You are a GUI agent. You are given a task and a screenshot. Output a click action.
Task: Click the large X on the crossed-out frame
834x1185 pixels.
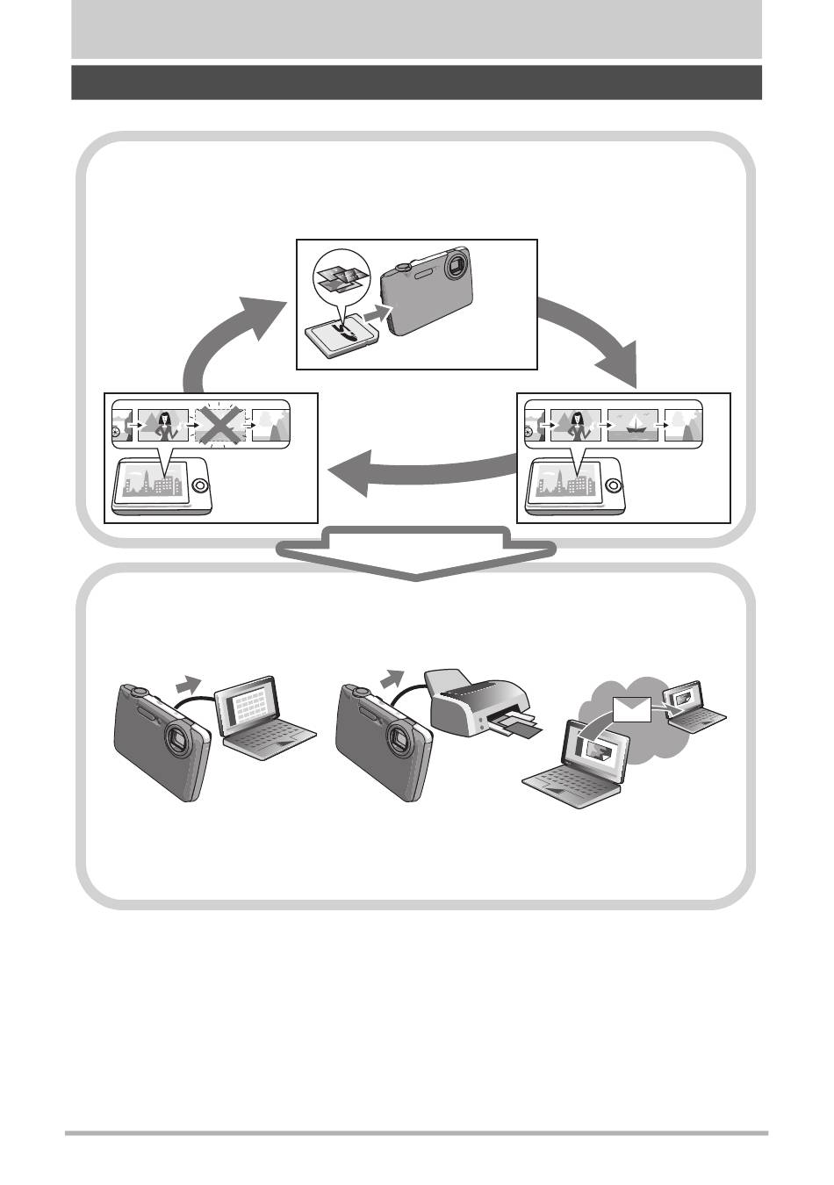point(220,425)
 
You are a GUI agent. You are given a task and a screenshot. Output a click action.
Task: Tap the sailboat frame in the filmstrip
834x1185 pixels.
point(632,426)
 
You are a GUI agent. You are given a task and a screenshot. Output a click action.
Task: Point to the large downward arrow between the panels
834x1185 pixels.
point(417,553)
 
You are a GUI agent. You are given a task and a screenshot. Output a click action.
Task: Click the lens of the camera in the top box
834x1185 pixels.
point(457,265)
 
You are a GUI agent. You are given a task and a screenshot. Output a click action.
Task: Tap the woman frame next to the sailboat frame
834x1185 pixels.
point(576,426)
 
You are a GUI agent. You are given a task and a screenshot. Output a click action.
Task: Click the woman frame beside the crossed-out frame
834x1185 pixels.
point(163,426)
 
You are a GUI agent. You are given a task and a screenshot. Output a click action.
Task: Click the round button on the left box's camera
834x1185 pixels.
point(200,485)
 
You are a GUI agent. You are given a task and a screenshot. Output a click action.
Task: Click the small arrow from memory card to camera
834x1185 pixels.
point(376,312)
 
